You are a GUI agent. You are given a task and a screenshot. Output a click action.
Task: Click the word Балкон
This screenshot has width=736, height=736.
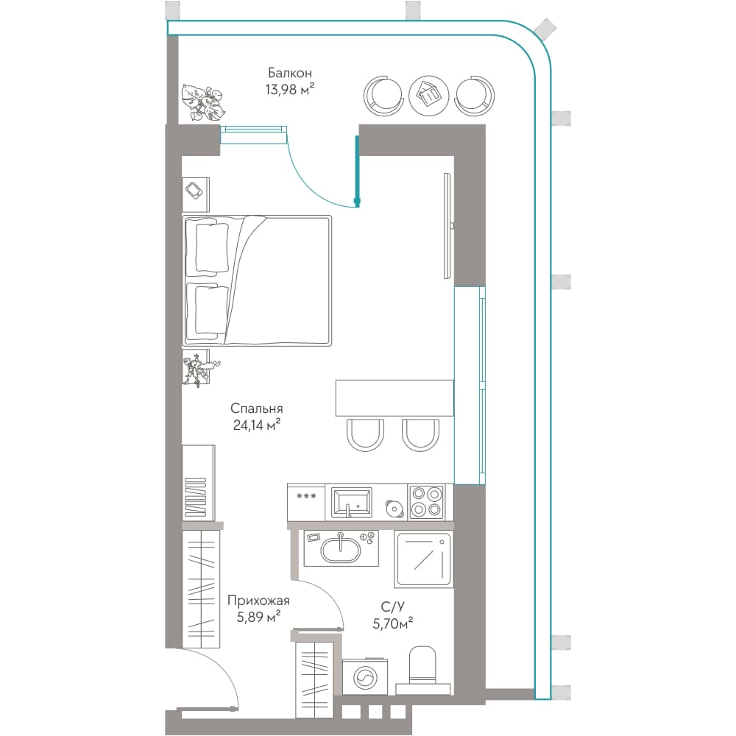pos(289,73)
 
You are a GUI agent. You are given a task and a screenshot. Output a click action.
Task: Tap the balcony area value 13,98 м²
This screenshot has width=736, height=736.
pos(289,89)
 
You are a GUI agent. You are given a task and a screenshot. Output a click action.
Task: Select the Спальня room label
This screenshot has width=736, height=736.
pos(257,408)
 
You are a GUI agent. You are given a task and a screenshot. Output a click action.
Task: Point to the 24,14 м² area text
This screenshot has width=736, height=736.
pos(257,425)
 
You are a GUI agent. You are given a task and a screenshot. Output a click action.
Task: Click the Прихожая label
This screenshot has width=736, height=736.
pos(258,601)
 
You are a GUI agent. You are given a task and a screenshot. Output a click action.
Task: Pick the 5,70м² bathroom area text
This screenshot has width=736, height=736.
pos(393,624)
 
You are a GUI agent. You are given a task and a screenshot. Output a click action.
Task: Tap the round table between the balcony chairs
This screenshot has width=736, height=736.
pos(428,96)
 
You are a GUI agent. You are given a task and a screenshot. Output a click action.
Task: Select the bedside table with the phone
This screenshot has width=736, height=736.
pos(196,194)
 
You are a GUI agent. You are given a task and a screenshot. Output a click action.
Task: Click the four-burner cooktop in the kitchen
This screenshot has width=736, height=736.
pos(426,502)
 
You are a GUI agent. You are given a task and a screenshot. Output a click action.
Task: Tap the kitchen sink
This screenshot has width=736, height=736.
pos(352,502)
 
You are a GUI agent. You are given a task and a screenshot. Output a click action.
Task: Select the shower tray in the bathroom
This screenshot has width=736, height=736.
pos(423,559)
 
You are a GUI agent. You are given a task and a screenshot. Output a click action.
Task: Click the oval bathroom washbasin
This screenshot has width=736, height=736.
pos(341,549)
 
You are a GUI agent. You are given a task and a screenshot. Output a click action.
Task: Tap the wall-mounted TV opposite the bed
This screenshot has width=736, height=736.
pos(447,225)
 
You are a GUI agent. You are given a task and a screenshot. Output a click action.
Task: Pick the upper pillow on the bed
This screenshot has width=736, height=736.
pos(211,248)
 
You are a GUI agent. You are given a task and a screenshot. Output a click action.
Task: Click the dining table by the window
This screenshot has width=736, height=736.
pos(394,398)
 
